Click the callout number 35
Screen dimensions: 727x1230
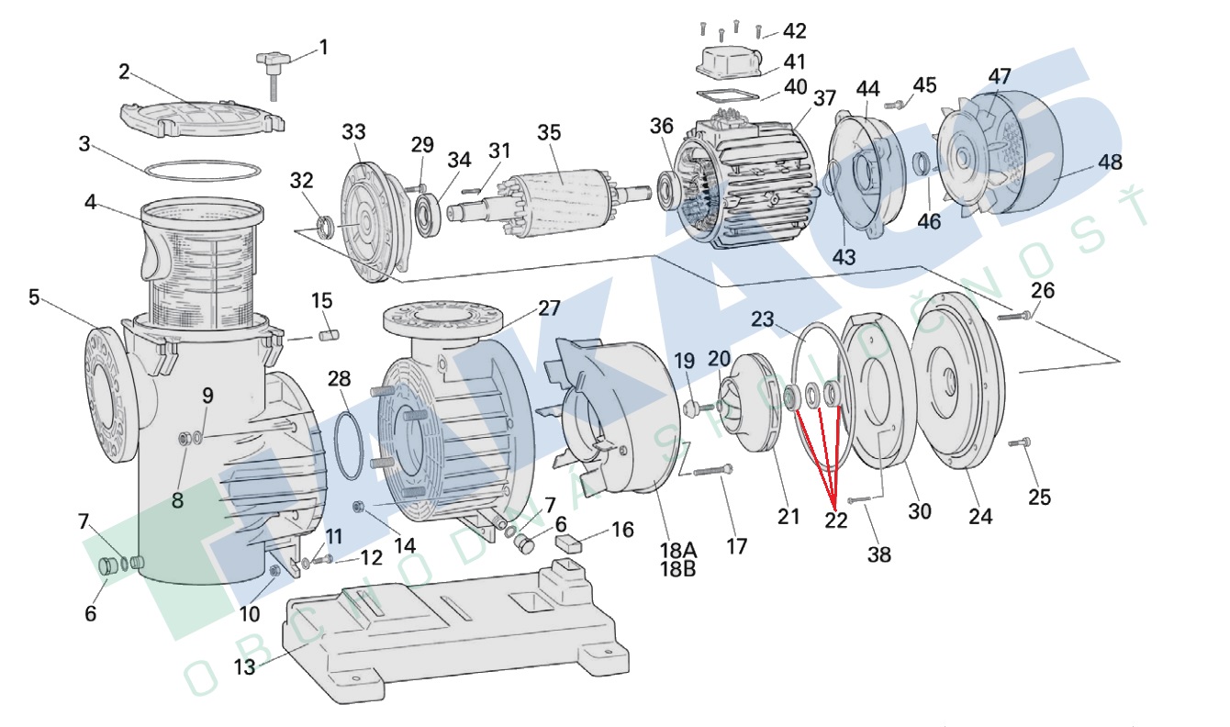pos(549,132)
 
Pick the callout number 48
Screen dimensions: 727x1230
pos(1110,162)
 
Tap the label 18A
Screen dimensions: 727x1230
pos(677,550)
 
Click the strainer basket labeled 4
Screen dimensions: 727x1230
pos(197,266)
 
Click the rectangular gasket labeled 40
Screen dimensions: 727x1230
pos(725,95)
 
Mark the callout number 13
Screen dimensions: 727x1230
pos(244,667)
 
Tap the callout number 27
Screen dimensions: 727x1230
pos(549,308)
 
